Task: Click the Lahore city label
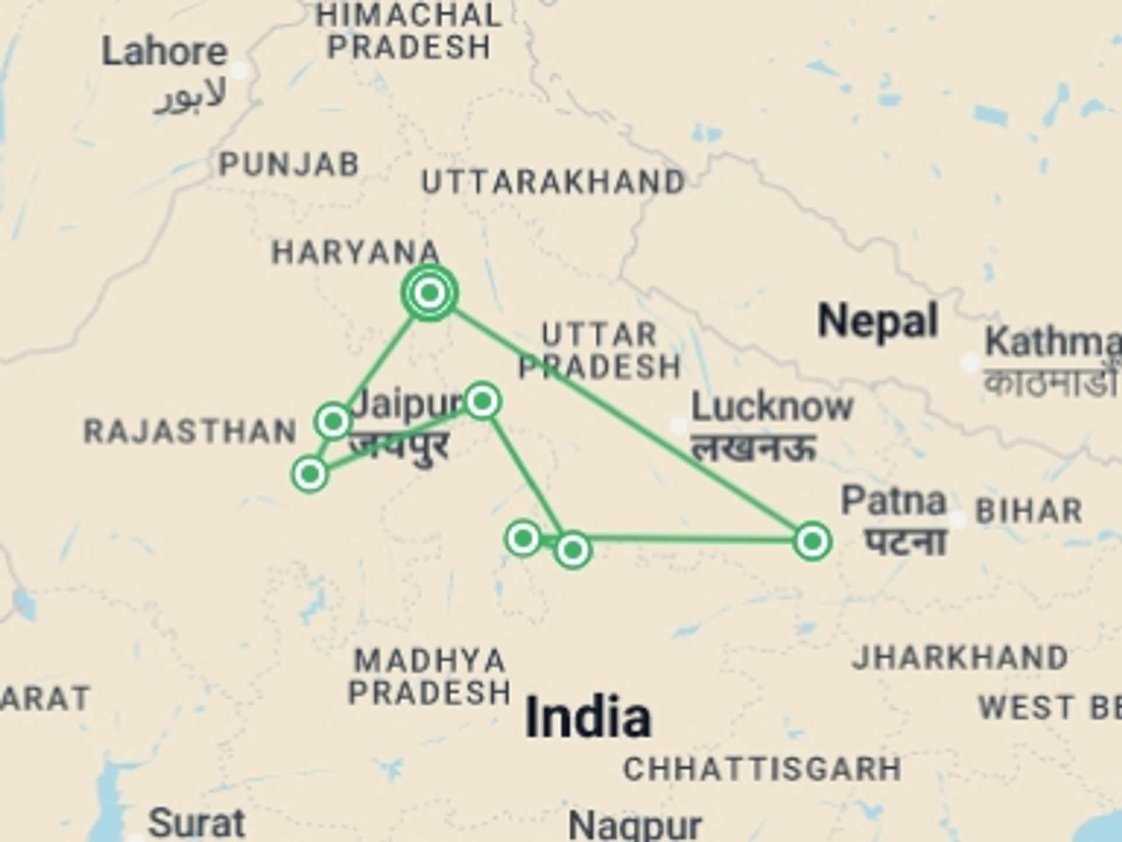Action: [164, 53]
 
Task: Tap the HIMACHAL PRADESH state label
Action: [409, 31]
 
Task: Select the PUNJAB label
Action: [289, 164]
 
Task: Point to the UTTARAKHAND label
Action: [553, 182]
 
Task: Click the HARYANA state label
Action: [355, 253]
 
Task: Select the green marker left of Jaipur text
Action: [333, 421]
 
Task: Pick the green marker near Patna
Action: [812, 541]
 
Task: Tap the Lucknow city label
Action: [772, 406]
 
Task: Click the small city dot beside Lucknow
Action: [678, 426]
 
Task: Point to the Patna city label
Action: [894, 501]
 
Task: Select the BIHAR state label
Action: [1029, 511]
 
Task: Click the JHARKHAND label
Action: [960, 657]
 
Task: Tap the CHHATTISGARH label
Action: [762, 768]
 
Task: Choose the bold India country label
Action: [588, 717]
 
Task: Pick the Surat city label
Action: [196, 823]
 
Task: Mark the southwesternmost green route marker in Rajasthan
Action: [310, 474]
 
